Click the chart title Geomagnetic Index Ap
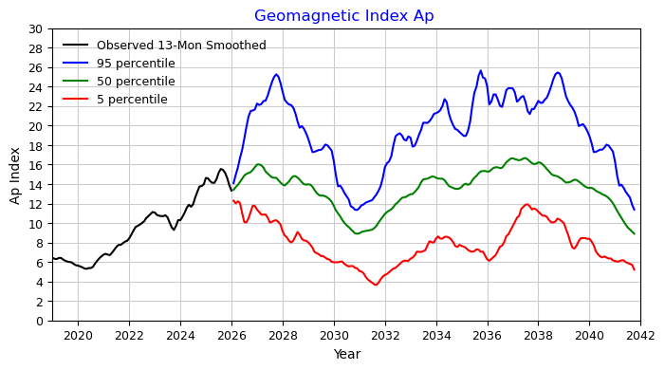[x=344, y=16]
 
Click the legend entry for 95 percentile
[x=136, y=64]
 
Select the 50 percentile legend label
[x=136, y=81]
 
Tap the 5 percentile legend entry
[x=132, y=100]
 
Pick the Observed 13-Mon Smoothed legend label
[x=181, y=46]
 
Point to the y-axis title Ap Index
[x=15, y=176]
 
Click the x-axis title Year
[x=347, y=354]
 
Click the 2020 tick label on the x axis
[x=78, y=336]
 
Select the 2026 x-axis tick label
[x=231, y=336]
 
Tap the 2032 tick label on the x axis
[x=385, y=336]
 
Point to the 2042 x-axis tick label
[x=640, y=336]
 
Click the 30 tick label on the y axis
[x=36, y=29]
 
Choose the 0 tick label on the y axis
[x=40, y=322]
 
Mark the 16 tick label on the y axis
[x=36, y=165]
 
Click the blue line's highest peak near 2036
[x=481, y=70]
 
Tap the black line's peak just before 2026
[x=221, y=169]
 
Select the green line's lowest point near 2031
[x=357, y=233]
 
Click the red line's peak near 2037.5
[x=526, y=205]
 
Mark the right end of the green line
[x=635, y=233]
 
